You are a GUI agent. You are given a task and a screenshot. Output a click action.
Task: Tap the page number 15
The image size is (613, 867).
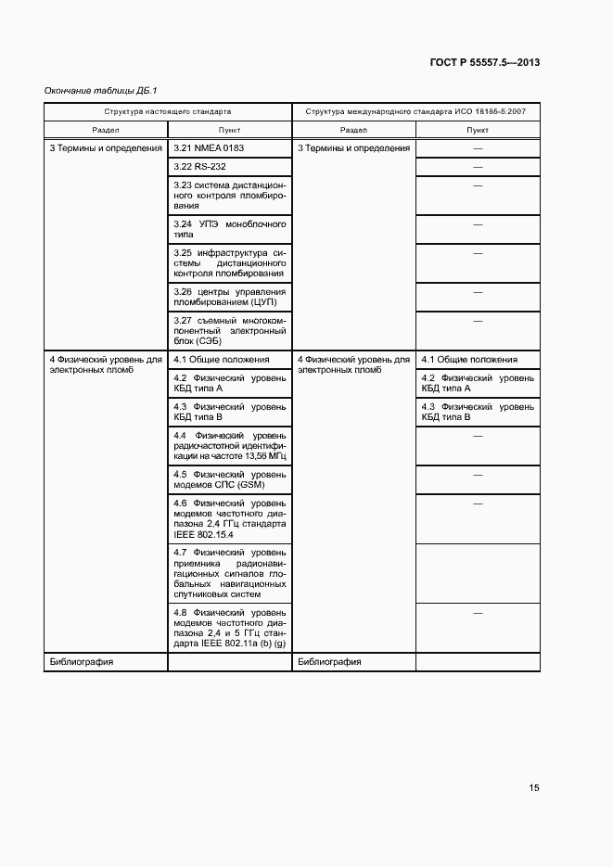(x=534, y=788)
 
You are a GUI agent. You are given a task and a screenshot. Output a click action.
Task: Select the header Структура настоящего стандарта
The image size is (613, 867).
(x=168, y=111)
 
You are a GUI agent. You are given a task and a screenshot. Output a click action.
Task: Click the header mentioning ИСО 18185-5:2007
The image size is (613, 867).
(x=415, y=111)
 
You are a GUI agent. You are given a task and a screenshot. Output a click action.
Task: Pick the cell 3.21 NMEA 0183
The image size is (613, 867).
(x=209, y=148)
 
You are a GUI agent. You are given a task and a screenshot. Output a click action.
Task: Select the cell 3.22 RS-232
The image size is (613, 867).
(x=199, y=166)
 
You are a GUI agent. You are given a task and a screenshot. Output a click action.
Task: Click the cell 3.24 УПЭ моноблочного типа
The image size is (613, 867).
(x=229, y=230)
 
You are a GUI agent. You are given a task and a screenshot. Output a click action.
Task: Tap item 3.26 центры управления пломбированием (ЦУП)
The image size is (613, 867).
(x=229, y=297)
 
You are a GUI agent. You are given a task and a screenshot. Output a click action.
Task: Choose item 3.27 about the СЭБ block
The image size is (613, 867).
(x=229, y=331)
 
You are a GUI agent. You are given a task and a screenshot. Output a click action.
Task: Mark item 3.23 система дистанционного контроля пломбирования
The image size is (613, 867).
(x=229, y=195)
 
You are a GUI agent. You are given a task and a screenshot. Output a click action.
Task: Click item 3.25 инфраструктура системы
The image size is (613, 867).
(x=229, y=263)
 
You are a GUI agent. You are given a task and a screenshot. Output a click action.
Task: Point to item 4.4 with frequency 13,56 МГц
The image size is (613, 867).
(x=229, y=446)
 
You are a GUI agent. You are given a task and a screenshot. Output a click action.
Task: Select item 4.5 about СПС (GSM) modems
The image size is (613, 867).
(x=229, y=479)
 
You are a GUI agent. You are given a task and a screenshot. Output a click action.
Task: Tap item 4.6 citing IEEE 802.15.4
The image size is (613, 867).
(x=229, y=518)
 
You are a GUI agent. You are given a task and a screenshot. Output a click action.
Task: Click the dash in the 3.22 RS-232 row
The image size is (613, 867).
(x=479, y=166)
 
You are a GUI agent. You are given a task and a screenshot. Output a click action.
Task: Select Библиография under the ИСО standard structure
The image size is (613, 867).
(x=329, y=662)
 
